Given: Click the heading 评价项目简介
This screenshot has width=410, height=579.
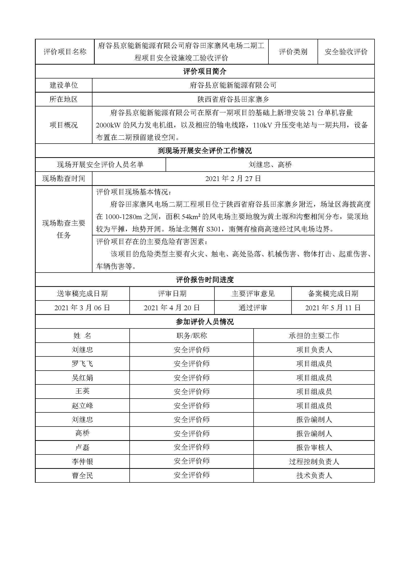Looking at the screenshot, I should click(205, 72).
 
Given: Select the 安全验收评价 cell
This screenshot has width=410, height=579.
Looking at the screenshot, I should click(346, 52).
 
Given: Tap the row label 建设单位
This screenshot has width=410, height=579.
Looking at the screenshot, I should click(64, 85).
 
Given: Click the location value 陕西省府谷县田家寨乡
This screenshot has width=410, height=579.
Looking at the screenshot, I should click(233, 99).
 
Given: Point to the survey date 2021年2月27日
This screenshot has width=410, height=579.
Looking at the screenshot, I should click(233, 179).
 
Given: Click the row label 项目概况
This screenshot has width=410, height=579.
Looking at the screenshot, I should click(64, 125).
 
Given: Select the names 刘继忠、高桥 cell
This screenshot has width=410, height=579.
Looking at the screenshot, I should click(270, 165).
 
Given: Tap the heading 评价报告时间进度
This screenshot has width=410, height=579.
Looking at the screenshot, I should click(205, 280).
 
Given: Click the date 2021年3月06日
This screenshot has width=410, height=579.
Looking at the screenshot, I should click(82, 308).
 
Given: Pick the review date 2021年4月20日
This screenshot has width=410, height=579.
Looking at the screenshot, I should click(172, 308).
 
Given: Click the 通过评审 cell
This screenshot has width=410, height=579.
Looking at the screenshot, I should click(253, 308).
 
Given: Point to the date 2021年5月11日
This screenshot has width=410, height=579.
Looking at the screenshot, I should click(333, 308).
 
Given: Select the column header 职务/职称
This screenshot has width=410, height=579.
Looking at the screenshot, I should click(192, 336).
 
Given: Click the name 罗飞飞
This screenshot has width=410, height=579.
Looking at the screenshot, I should click(82, 364).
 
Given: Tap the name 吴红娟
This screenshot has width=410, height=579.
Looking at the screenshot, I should click(82, 378).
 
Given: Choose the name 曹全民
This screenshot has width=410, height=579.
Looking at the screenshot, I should click(82, 476).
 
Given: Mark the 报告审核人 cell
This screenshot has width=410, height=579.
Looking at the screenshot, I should click(314, 448).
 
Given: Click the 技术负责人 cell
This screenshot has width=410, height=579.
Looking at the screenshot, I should click(314, 476).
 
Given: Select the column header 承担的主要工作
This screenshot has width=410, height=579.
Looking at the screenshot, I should click(314, 336).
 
